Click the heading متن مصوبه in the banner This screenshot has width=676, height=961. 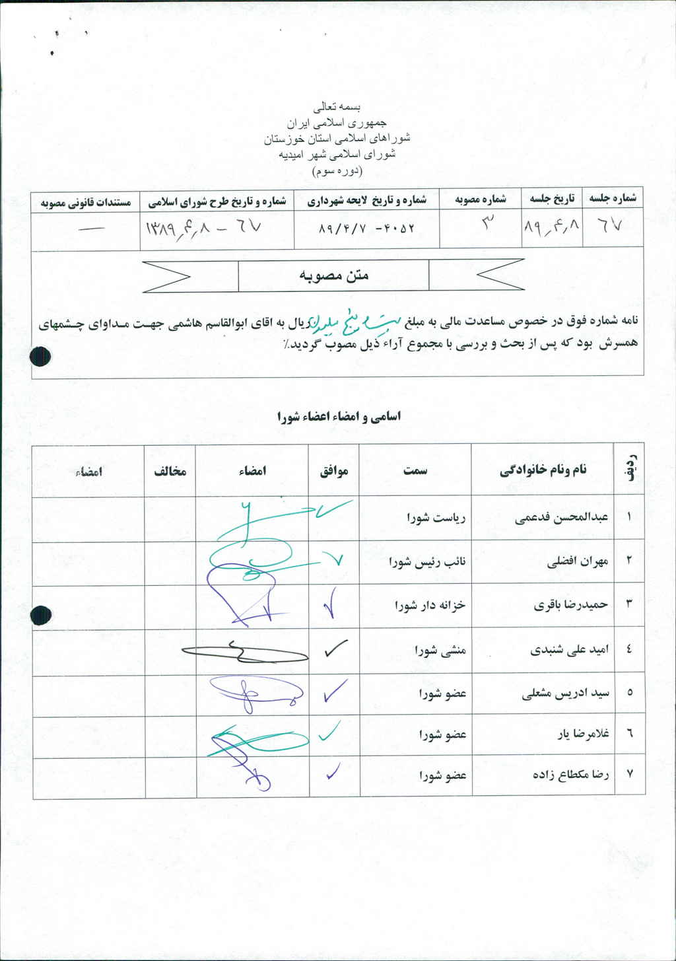334,275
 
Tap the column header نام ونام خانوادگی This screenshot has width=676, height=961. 543,470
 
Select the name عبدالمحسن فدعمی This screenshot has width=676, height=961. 561,517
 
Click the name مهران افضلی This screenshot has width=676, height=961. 577,561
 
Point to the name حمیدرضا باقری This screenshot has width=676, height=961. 570,604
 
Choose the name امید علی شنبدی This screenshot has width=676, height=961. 569,649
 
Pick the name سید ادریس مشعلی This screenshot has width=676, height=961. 565,693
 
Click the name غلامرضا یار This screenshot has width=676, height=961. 582,734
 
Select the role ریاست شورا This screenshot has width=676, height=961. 436,518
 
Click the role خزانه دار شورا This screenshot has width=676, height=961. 430,604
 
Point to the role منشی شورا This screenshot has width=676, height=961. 440,650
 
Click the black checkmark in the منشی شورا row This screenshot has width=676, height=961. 335,649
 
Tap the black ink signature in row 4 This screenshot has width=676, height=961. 244,653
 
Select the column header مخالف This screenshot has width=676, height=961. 170,471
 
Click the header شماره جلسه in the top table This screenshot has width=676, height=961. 613,198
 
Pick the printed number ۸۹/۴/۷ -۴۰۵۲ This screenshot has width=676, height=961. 366,229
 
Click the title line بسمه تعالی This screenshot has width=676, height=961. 337,106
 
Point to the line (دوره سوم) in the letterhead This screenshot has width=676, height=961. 337,171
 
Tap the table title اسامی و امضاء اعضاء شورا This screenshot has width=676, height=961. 339,417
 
